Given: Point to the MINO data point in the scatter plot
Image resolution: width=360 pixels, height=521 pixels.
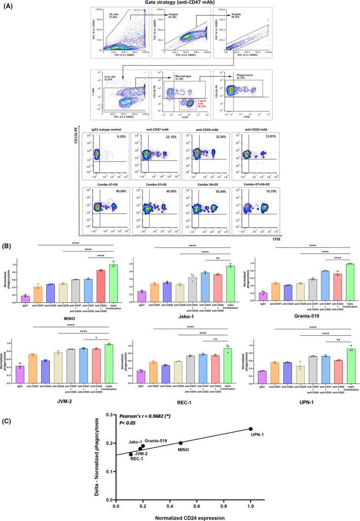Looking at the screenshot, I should (x=181, y=443).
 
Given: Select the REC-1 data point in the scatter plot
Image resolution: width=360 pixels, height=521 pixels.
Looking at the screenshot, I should (x=131, y=454).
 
